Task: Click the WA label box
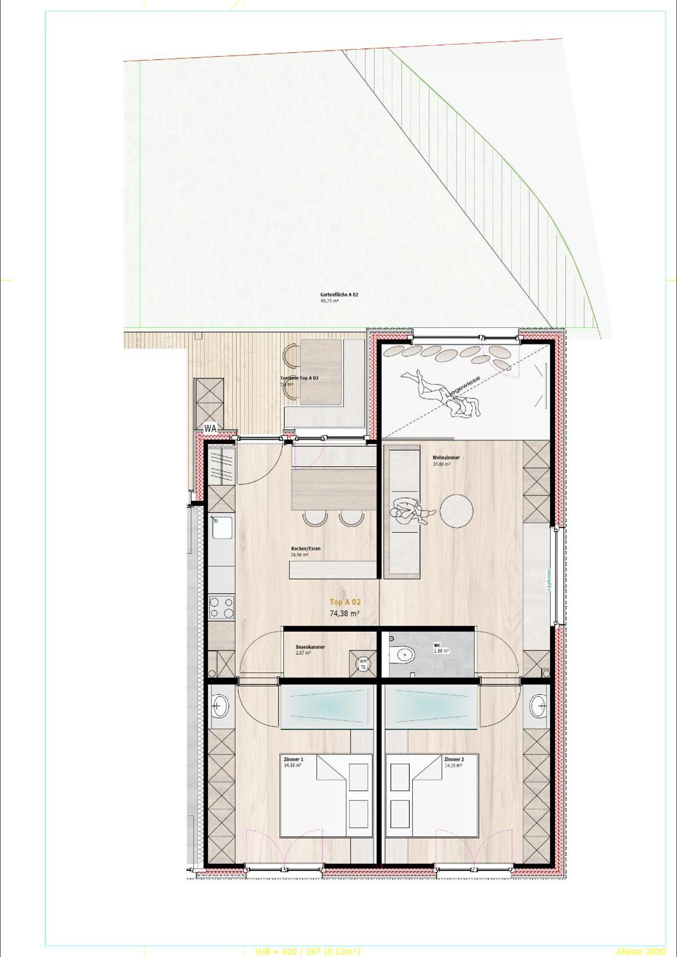tap(210, 428)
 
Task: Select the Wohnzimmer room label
tap(446, 458)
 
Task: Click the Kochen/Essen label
tap(306, 549)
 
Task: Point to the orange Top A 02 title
tap(345, 602)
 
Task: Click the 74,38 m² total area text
tap(345, 614)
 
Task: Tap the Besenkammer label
tap(310, 647)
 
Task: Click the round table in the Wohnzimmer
tap(457, 511)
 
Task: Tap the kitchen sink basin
tap(222, 527)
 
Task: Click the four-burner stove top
tap(222, 608)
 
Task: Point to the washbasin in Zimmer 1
tap(220, 705)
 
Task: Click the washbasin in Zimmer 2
tap(537, 705)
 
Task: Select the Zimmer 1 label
tap(293, 760)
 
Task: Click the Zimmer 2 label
tap(454, 760)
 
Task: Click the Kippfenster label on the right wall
tap(549, 581)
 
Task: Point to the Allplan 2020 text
tap(641, 952)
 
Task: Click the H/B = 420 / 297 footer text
tap(308, 952)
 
